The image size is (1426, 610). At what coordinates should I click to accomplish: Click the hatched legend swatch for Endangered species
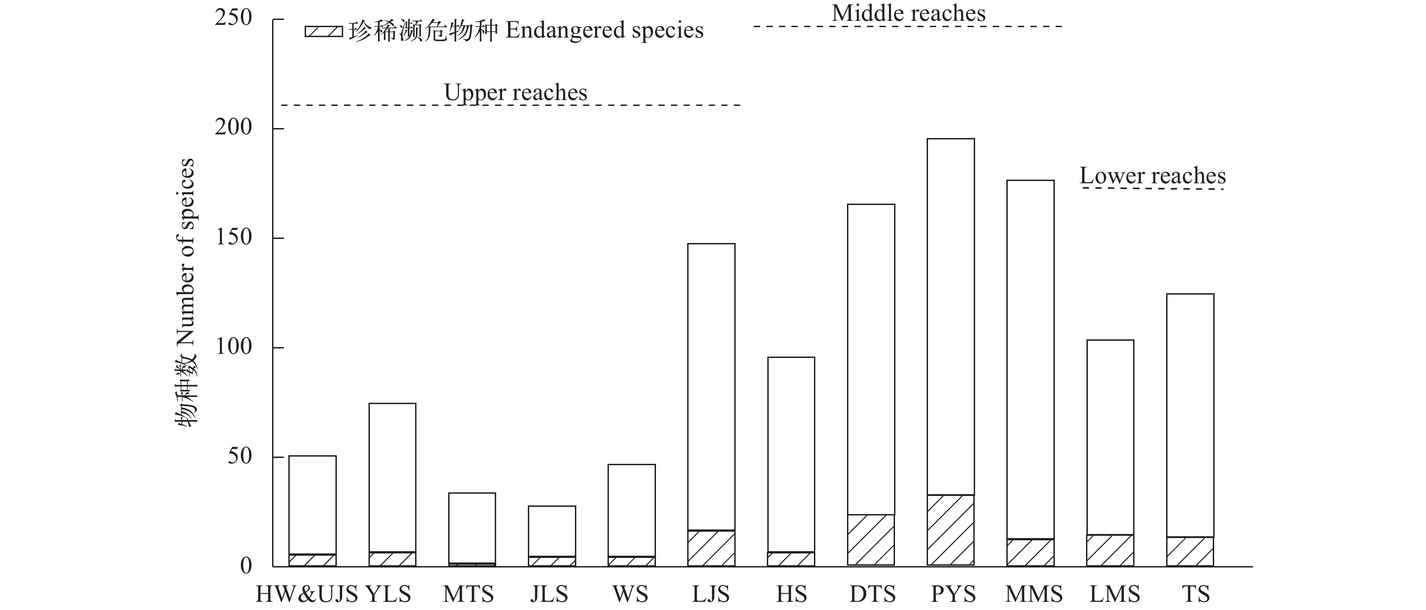323,32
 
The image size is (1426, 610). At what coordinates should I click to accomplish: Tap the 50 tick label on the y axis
239,457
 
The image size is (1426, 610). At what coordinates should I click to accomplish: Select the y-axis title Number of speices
186,292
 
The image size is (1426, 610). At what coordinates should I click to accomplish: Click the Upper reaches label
515,92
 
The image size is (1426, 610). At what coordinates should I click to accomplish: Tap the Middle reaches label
909,13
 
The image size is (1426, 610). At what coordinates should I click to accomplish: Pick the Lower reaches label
1153,176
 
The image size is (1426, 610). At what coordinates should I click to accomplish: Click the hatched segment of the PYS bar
951,530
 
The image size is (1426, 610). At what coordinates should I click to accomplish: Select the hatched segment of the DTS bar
871,540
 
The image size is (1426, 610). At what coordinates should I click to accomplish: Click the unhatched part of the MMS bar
1030,360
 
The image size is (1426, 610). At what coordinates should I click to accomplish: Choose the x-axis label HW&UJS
306,595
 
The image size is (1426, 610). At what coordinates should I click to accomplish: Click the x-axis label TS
1196,595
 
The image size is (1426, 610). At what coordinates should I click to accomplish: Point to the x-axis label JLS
549,595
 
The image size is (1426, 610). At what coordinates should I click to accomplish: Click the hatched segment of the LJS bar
711,548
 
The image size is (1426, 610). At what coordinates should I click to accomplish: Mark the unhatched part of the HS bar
791,454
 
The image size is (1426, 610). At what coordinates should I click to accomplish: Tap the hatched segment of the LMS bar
1110,550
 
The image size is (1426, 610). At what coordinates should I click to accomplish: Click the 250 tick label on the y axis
233,18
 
